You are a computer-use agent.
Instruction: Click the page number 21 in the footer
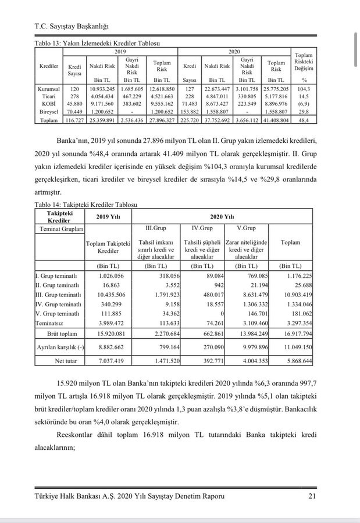[312, 495]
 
